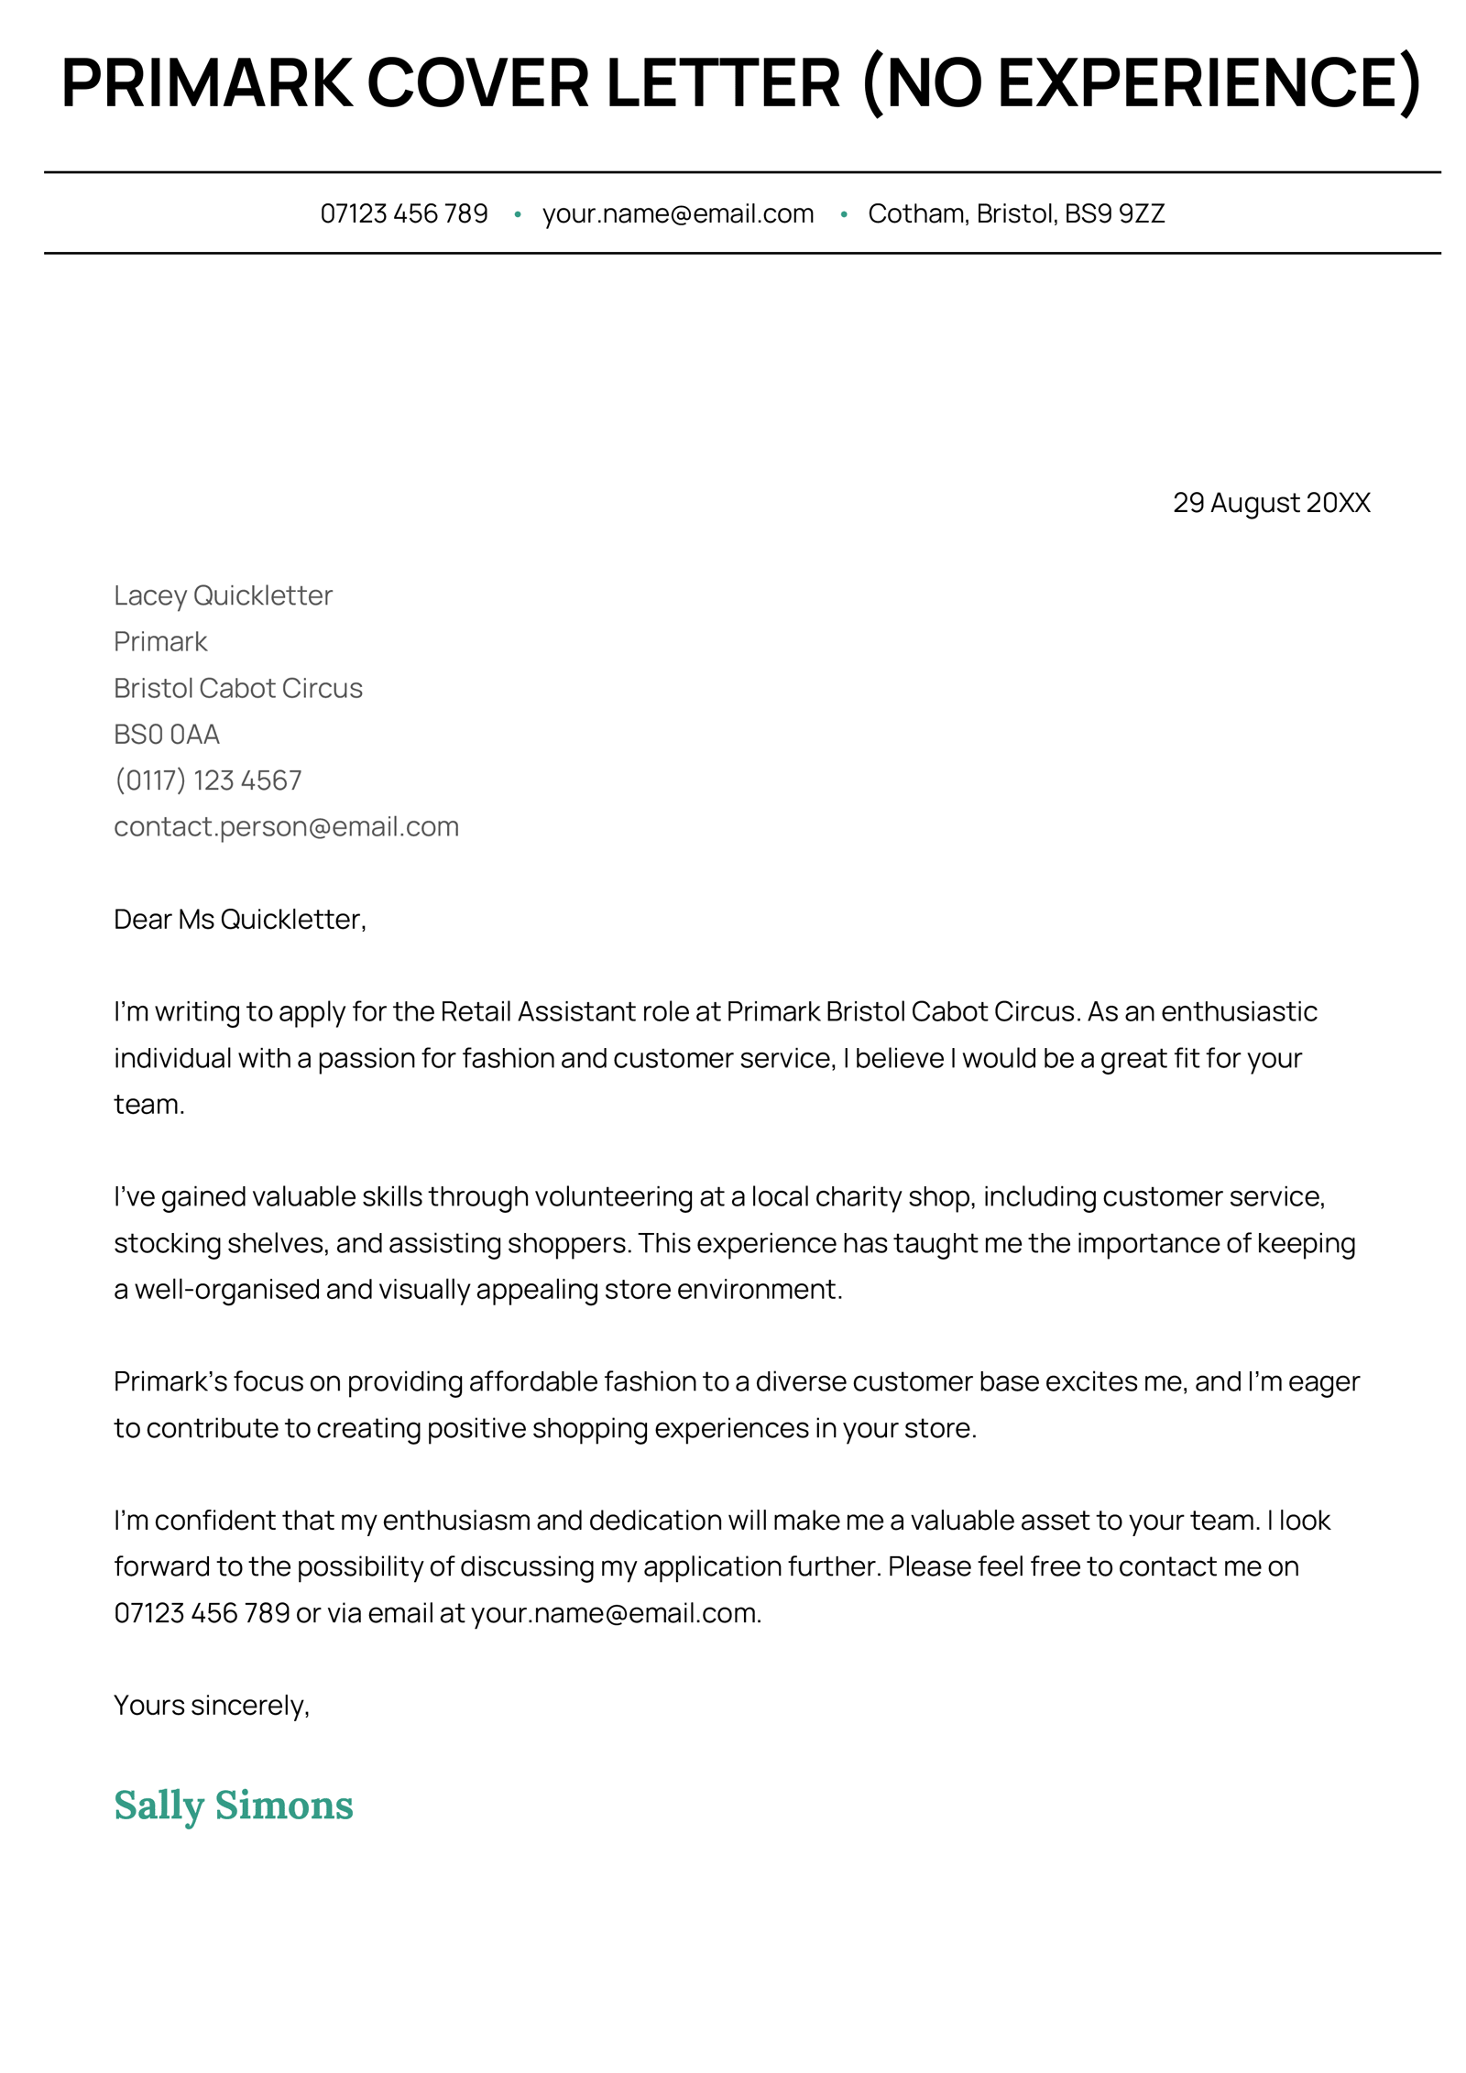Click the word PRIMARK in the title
click(206, 83)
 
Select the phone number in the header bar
click(403, 213)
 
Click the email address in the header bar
click(677, 213)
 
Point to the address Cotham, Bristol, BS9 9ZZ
click(1015, 213)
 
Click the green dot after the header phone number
click(518, 214)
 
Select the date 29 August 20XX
click(1271, 502)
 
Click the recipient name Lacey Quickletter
click(223, 595)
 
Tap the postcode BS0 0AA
click(167, 734)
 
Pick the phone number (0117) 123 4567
click(208, 780)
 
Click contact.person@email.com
click(286, 826)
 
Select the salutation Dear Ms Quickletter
click(239, 919)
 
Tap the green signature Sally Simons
click(234, 1806)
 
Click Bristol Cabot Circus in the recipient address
click(238, 688)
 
